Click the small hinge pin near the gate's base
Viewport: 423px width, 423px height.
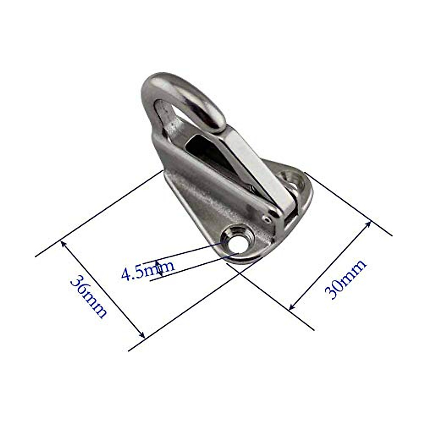[x=267, y=219]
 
